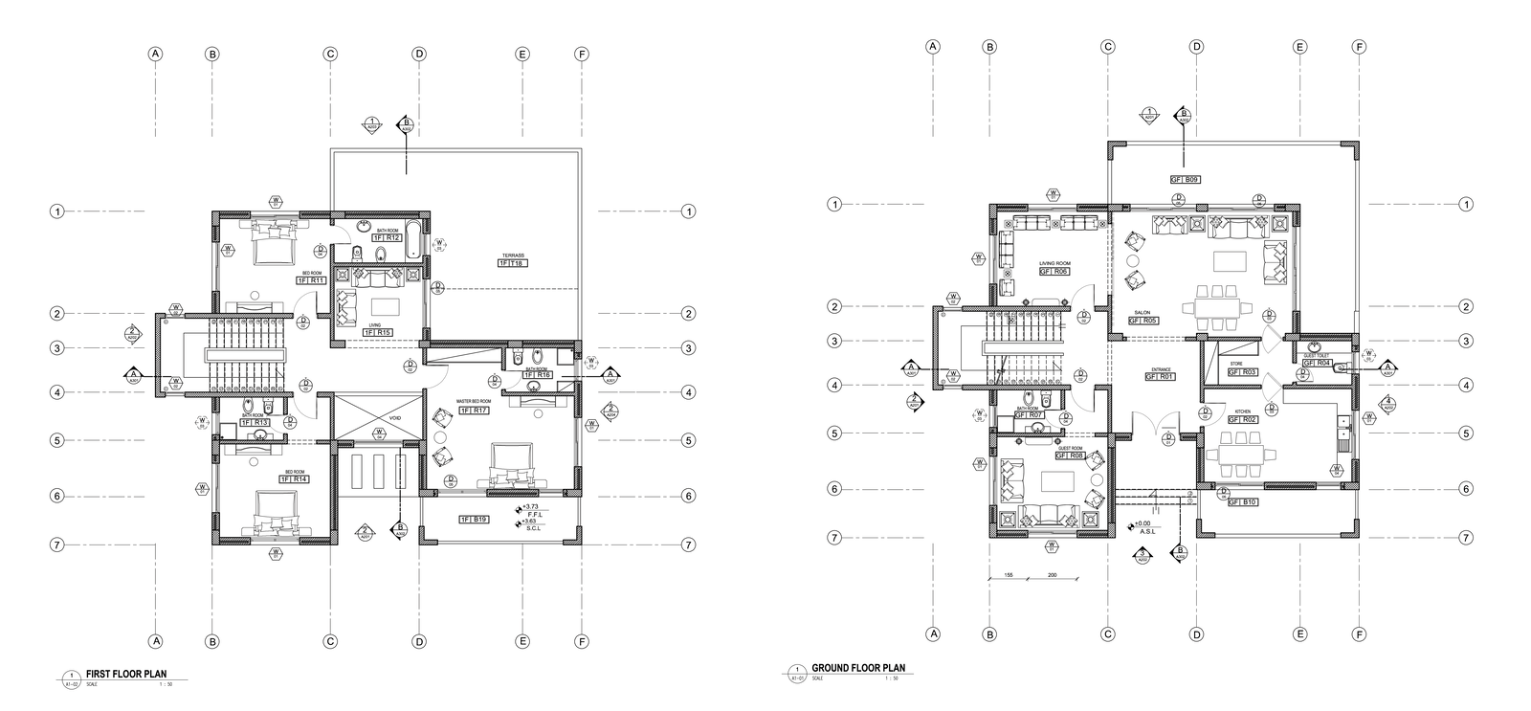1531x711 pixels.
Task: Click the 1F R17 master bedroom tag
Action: pos(474,411)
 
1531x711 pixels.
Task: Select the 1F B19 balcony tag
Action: pos(474,520)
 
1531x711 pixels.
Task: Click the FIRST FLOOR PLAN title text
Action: pos(127,673)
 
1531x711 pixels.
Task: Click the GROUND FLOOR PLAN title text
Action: pos(857,668)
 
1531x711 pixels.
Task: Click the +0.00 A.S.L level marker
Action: pos(1140,524)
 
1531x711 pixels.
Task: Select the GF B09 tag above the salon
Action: pos(1185,179)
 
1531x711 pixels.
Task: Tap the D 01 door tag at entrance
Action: pos(1167,439)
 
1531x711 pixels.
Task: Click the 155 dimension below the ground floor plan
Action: pos(1008,575)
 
